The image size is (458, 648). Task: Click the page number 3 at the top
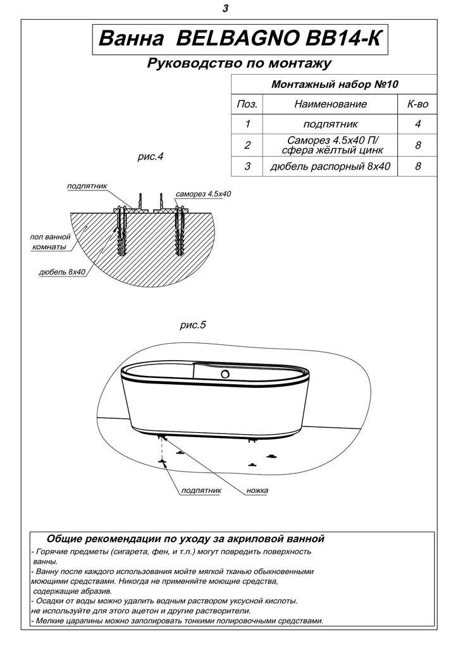[226, 9]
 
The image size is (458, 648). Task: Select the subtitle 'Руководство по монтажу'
[239, 63]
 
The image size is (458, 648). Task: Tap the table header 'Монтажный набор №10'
[334, 84]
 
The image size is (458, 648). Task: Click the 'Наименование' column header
[330, 104]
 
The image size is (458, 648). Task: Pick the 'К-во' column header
[418, 104]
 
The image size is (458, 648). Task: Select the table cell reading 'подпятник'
[330, 124]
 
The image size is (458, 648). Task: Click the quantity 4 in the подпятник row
[418, 124]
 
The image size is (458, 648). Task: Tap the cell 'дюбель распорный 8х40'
[330, 166]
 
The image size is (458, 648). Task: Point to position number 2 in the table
[247, 146]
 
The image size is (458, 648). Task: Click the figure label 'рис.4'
[150, 156]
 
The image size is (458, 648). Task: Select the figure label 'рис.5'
[193, 326]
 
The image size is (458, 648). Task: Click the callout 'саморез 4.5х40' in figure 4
[203, 194]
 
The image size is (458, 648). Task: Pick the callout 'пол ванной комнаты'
[49, 242]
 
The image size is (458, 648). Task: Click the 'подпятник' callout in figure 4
[87, 186]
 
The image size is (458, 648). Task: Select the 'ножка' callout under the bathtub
[257, 490]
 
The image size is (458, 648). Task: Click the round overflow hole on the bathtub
[224, 375]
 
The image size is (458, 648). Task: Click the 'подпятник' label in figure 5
[201, 490]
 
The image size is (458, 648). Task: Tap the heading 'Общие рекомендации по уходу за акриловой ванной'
[185, 539]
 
